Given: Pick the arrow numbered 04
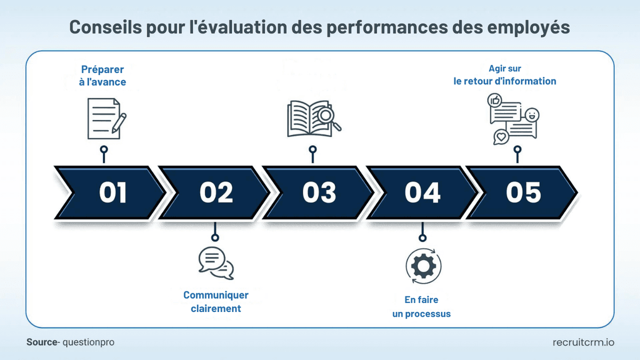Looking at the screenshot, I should [422, 193].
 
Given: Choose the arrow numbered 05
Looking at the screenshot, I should [523, 193].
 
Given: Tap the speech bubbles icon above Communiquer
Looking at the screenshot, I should [215, 263].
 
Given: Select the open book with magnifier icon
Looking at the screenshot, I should [314, 118].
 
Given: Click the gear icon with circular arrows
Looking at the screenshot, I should [423, 265].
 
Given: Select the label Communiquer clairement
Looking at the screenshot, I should [216, 302].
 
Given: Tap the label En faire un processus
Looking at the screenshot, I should [421, 307].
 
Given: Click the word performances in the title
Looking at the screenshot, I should [384, 27].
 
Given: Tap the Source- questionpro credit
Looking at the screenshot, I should [70, 342].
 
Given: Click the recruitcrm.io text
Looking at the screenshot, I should [583, 342].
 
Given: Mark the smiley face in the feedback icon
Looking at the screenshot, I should [532, 114].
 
